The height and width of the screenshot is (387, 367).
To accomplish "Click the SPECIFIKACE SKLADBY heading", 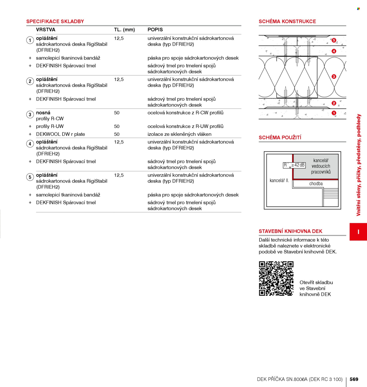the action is click(55, 21).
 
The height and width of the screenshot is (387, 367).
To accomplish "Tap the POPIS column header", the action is click(155, 30).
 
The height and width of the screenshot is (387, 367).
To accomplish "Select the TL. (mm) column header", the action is click(124, 30).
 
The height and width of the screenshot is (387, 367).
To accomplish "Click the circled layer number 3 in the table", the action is click(30, 115).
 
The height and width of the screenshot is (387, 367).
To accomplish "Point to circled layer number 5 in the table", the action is click(30, 177).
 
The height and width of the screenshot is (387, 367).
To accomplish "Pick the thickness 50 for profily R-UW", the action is click(117, 126).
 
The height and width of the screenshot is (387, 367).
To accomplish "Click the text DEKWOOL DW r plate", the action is click(60, 134).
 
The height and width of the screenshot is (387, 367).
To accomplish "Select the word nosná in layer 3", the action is click(43, 113).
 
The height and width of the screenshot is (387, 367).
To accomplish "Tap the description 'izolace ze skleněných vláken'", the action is click(179, 134).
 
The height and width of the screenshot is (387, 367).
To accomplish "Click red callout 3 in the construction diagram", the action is click(334, 76).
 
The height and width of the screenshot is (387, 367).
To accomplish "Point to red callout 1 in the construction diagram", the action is click(334, 113).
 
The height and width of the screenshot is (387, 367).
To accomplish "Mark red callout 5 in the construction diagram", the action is click(334, 40).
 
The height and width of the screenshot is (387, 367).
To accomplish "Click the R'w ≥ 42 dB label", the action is click(294, 165).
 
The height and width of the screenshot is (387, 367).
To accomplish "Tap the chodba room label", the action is click(316, 184).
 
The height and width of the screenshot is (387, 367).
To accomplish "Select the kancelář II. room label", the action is click(279, 181).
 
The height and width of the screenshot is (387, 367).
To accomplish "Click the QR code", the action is click(276, 278).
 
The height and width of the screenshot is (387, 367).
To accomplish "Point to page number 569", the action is click(354, 379).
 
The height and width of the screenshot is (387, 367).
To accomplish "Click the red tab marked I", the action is click(358, 232).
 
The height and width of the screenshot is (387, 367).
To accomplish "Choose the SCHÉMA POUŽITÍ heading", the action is click(280, 138).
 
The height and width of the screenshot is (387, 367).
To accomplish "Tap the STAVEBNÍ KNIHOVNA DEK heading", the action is click(290, 231).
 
